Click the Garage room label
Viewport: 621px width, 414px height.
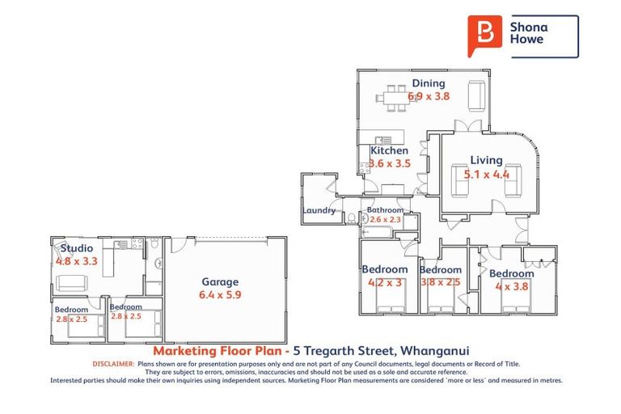pyautogui.click(x=219, y=281)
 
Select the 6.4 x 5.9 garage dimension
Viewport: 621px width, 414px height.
pyautogui.click(x=219, y=294)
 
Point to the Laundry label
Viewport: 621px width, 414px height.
pyautogui.click(x=319, y=211)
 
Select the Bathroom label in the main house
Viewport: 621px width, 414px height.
pyautogui.click(x=385, y=210)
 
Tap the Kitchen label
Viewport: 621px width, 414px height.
pyautogui.click(x=389, y=150)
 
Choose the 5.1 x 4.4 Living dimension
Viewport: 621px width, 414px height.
pyautogui.click(x=486, y=174)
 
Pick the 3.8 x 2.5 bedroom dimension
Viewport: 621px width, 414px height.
pyautogui.click(x=441, y=282)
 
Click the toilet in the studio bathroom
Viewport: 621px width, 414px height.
pyautogui.click(x=158, y=263)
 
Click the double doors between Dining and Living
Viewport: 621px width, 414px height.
pyautogui.click(x=466, y=126)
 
